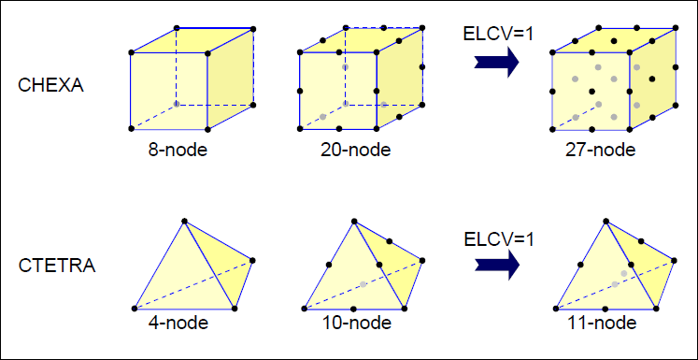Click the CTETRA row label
click(x=57, y=266)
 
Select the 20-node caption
click(x=356, y=150)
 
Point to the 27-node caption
click(x=601, y=150)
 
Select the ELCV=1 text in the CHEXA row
click(x=498, y=34)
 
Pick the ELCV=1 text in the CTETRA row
click(x=498, y=238)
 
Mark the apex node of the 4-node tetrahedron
click(x=185, y=222)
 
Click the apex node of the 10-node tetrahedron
click(x=353, y=222)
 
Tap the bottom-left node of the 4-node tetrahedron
click(x=135, y=308)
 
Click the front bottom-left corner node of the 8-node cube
click(x=129, y=128)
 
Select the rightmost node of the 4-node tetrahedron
click(x=252, y=260)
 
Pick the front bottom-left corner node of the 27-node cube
click(x=553, y=129)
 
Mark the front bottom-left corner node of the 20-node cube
click(x=299, y=128)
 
